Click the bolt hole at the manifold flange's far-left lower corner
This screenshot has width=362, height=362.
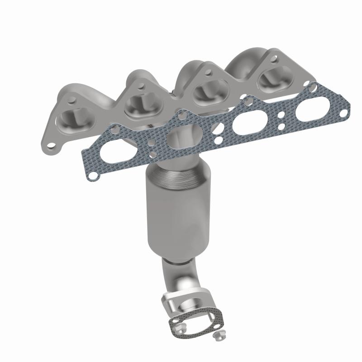point(52,146)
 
